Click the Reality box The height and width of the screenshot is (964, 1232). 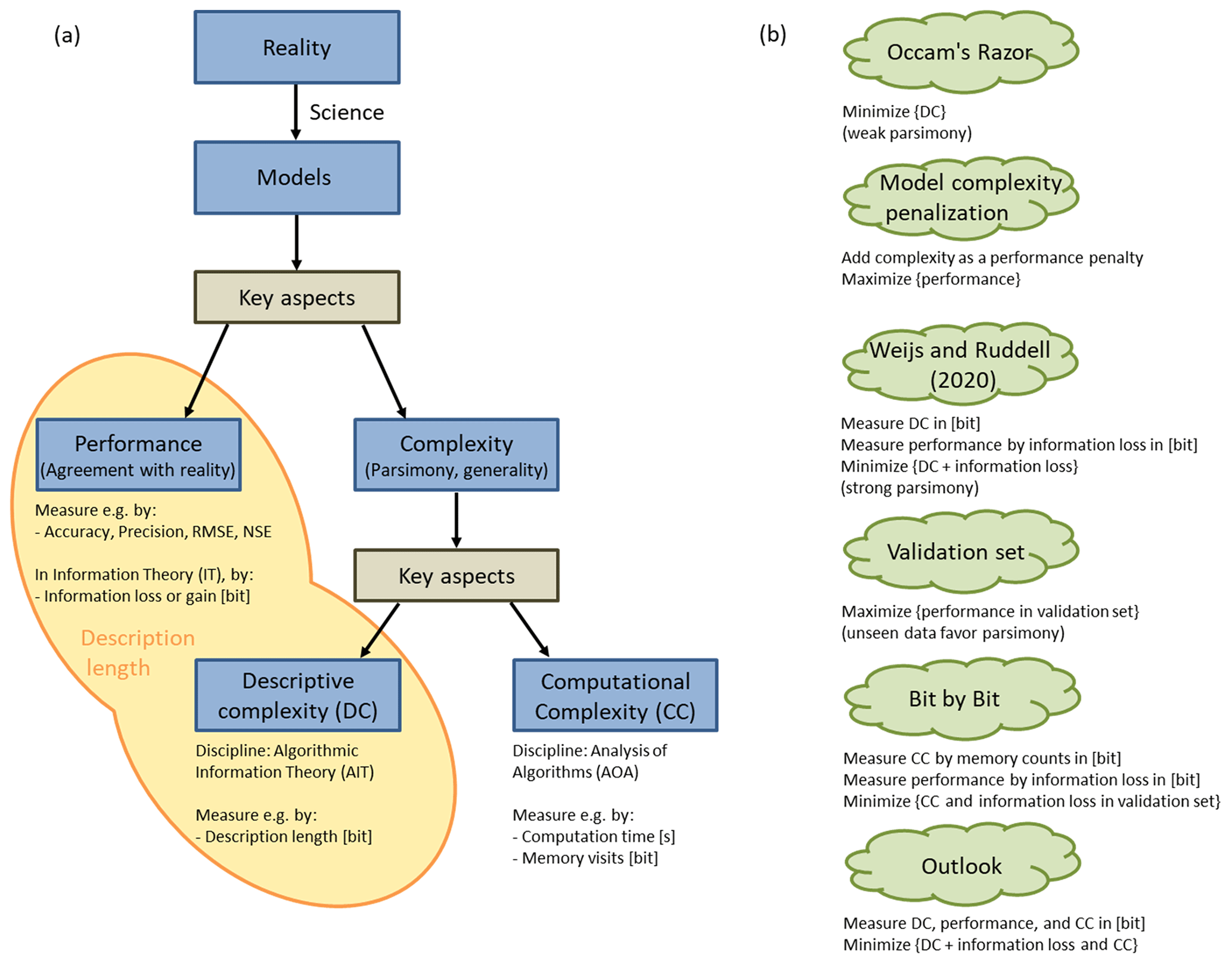point(297,48)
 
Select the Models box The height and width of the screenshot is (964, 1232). point(297,178)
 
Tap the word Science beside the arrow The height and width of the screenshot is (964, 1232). point(346,113)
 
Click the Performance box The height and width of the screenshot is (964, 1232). point(138,455)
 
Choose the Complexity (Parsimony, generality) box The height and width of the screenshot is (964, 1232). point(456,455)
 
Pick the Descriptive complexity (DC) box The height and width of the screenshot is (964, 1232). point(298,695)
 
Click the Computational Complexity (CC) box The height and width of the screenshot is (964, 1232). point(615,696)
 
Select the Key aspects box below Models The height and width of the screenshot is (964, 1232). point(297,297)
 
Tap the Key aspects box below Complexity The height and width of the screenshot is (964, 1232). point(456,576)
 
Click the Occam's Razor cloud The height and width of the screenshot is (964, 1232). point(960,52)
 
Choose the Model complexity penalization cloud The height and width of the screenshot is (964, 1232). point(960,198)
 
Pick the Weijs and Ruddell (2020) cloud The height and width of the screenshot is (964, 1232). point(960,364)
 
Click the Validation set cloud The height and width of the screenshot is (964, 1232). point(960,552)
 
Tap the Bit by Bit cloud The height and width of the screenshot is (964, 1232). point(960,698)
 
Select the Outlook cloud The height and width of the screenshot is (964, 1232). point(961,866)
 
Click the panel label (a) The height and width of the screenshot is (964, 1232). point(67,35)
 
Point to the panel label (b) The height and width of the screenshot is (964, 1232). point(772,35)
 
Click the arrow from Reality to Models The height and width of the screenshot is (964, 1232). point(296,112)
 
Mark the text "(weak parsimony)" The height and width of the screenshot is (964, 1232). point(907,133)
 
